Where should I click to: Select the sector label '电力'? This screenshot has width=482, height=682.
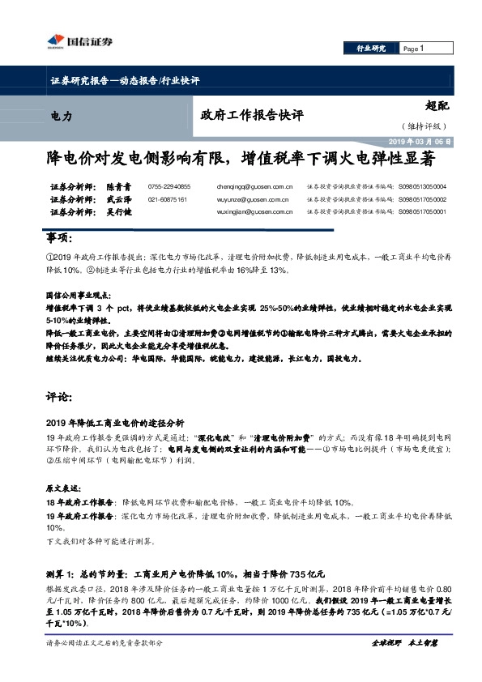point(61,117)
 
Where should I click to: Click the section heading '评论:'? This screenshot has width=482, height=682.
point(59,399)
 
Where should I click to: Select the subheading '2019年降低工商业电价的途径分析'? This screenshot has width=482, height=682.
point(116,422)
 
